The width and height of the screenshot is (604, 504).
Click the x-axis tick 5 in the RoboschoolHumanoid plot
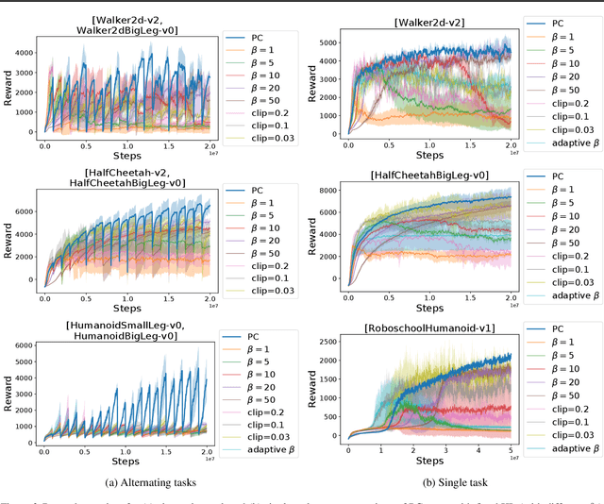[x=510, y=451]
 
